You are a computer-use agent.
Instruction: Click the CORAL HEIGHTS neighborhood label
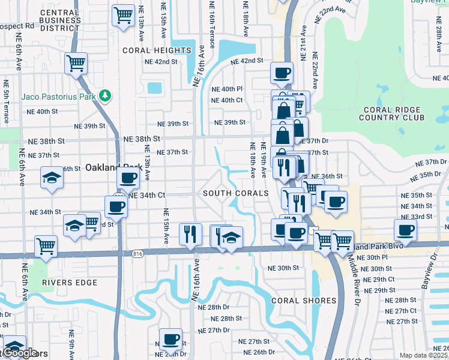[x=157, y=50]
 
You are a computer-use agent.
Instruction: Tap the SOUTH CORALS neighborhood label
[x=235, y=193]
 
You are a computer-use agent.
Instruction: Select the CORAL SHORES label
[x=303, y=300]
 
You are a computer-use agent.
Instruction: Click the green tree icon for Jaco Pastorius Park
[x=105, y=95]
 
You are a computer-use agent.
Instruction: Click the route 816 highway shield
[x=137, y=254]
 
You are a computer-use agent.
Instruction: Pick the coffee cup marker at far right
[x=406, y=230]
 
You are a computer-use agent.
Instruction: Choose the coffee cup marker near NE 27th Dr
[x=170, y=339]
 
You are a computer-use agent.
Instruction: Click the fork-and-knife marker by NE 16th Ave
[x=190, y=233]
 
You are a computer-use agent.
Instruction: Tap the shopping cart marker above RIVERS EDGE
[x=46, y=245]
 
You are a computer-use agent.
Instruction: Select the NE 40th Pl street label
[x=228, y=89]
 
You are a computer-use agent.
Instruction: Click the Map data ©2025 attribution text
[x=424, y=355]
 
